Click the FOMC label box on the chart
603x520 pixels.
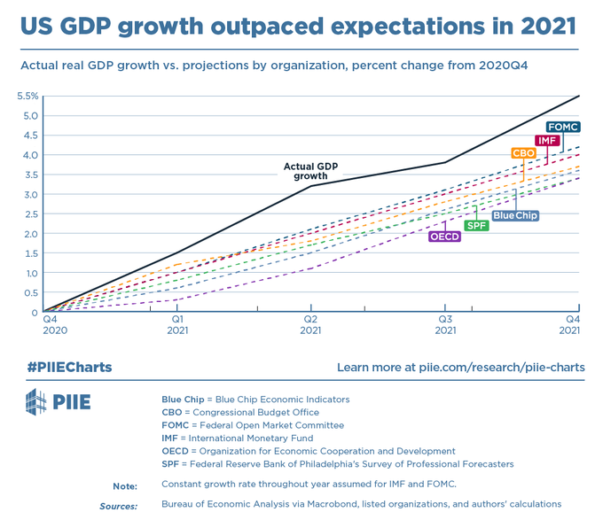coord(563,127)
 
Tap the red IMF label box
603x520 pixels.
coord(547,141)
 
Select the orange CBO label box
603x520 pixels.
coord(523,153)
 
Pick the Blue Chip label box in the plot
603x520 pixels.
coord(515,215)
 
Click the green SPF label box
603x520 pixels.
coord(477,225)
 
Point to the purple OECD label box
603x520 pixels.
coord(445,237)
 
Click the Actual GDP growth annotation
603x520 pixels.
coord(310,171)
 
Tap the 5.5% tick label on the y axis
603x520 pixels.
coord(27,96)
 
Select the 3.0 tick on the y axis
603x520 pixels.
coord(31,195)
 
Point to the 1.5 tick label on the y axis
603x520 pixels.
coord(31,253)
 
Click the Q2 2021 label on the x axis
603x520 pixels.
coord(310,324)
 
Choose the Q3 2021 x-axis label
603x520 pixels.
coord(445,324)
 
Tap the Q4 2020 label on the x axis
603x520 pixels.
coord(55,324)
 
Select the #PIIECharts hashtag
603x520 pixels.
coord(69,367)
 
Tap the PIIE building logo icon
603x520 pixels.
coord(36,401)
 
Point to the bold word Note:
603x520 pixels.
coord(125,486)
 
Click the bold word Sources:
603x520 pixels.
coord(119,506)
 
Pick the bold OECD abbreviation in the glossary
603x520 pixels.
coord(175,451)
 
